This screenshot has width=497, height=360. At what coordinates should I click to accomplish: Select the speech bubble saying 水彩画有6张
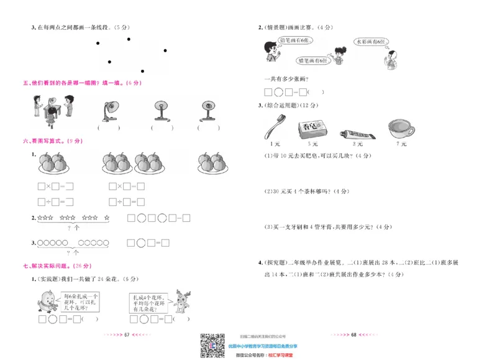click(x=372, y=41)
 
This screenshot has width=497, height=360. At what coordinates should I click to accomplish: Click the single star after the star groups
click(x=106, y=218)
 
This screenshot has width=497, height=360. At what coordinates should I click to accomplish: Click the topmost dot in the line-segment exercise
click(x=129, y=39)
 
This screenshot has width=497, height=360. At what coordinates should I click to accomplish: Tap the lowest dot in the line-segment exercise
click(x=142, y=71)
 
